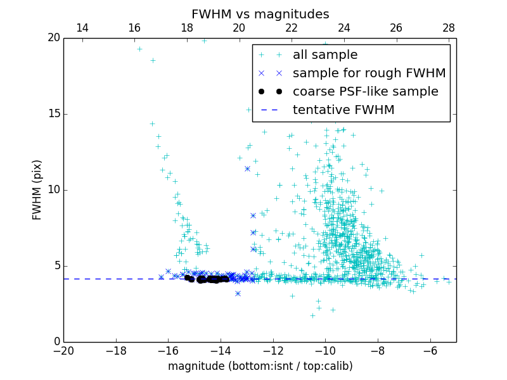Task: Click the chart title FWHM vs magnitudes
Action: coord(260,14)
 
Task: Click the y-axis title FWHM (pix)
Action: coord(37,190)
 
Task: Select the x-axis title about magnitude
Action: coord(260,366)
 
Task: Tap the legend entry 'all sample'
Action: coord(325,55)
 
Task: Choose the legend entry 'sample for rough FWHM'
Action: coord(369,73)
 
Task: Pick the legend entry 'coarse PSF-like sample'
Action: coord(365,92)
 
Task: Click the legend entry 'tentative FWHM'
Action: coord(343,110)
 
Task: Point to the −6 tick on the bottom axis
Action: coord(430,351)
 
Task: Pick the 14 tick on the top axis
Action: coord(82,28)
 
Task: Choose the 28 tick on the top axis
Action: coord(449,28)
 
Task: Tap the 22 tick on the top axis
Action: coord(292,28)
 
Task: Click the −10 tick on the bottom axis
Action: coord(325,351)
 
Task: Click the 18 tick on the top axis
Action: coord(187,28)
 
